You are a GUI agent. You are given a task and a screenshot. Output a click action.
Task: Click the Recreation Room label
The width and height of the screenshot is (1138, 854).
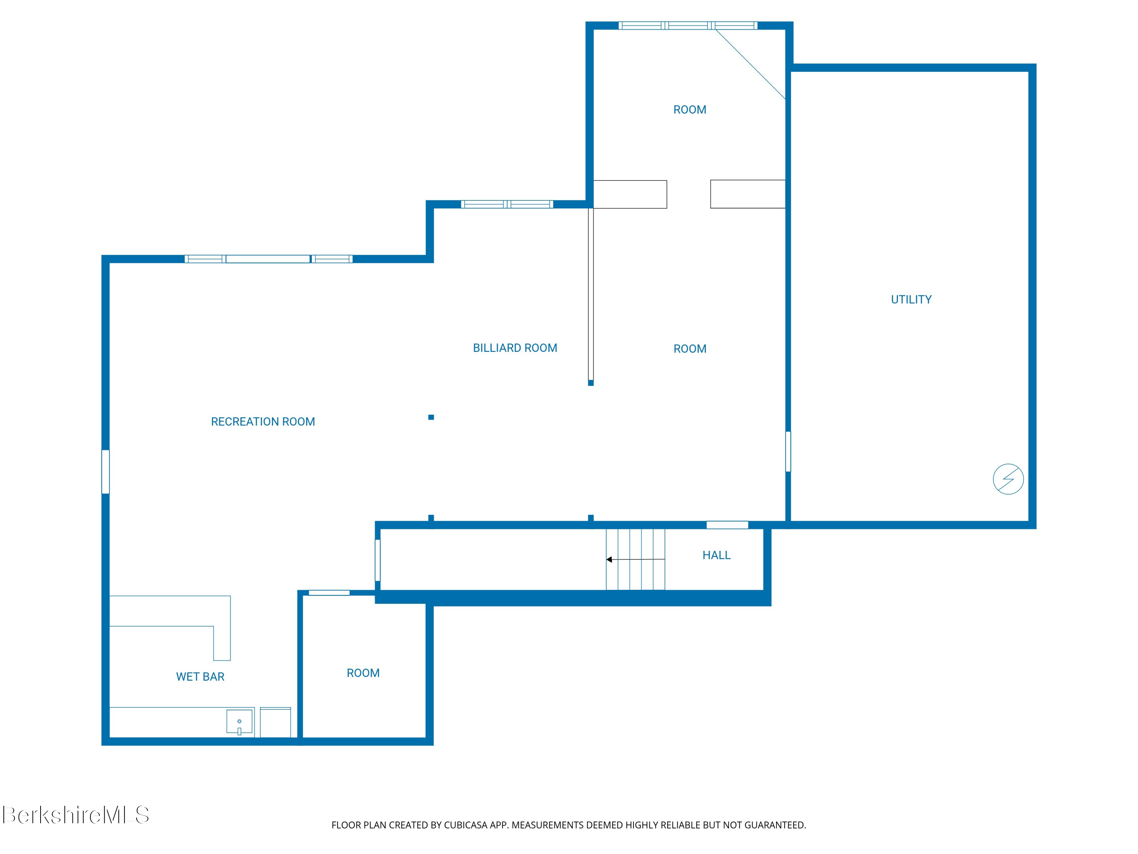click(x=263, y=422)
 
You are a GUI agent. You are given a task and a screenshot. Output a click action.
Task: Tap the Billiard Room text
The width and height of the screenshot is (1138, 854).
click(x=515, y=348)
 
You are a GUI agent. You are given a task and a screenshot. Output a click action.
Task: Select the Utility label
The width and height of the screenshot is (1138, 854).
click(x=911, y=299)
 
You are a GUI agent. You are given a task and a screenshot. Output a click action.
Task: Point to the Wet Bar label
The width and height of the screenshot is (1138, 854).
click(x=200, y=677)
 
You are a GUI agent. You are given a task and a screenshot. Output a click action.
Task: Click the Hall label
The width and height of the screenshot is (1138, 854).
click(x=717, y=555)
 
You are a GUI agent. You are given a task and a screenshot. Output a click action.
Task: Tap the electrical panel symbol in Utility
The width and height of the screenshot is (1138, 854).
click(x=1008, y=479)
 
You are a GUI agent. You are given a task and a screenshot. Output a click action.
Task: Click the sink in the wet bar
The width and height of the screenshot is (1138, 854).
click(x=240, y=722)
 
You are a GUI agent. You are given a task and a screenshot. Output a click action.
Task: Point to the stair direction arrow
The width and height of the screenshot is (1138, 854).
click(x=635, y=559)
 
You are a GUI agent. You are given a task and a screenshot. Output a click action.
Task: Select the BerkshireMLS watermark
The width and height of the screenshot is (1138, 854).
click(x=75, y=815)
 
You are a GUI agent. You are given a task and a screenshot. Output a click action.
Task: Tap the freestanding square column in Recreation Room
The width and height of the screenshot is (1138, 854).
click(x=431, y=418)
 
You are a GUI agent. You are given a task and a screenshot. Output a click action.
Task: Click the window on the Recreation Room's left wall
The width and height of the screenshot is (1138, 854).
click(x=105, y=472)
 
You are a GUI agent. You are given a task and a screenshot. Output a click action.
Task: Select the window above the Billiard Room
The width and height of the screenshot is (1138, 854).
click(x=507, y=204)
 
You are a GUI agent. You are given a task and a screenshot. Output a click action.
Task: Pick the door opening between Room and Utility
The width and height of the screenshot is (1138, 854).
click(x=787, y=451)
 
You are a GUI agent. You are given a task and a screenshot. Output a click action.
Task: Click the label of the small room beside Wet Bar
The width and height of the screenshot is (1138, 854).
click(x=363, y=673)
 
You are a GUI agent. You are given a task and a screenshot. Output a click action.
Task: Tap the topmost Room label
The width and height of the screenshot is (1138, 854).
click(x=690, y=110)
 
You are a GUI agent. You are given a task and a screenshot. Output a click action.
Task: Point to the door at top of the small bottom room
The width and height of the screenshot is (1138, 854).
click(x=329, y=593)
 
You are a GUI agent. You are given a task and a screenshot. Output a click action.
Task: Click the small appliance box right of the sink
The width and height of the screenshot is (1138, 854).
click(x=275, y=722)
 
